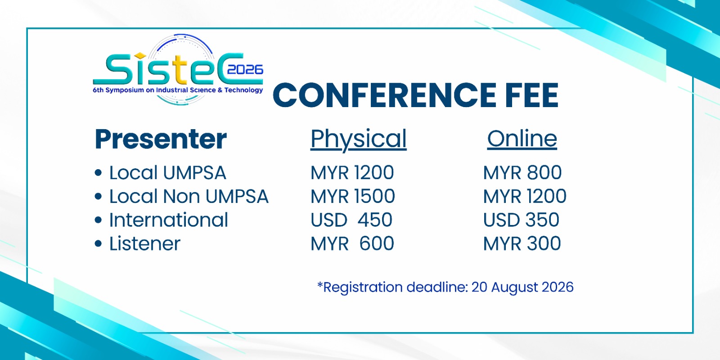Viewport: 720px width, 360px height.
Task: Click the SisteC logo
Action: pyautogui.click(x=178, y=70)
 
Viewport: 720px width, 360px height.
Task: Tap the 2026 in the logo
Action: pyautogui.click(x=245, y=70)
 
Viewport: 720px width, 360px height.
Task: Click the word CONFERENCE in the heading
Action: pyautogui.click(x=384, y=95)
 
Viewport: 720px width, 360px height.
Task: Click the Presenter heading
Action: pyautogui.click(x=161, y=139)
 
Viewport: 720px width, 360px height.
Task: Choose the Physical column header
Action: pyautogui.click(x=358, y=139)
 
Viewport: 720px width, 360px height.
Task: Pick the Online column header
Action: pyautogui.click(x=522, y=139)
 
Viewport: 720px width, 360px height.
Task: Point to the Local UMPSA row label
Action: pyautogui.click(x=167, y=173)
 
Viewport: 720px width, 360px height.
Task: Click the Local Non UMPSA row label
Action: pyautogui.click(x=189, y=196)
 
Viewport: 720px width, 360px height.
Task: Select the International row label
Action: pyautogui.click(x=168, y=220)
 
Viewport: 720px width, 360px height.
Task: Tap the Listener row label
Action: pyautogui.click(x=144, y=243)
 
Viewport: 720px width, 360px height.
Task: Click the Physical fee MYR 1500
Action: pyautogui.click(x=353, y=196)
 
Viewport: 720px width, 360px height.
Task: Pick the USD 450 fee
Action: pyautogui.click(x=351, y=220)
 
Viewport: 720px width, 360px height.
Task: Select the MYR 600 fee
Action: pyautogui.click(x=352, y=243)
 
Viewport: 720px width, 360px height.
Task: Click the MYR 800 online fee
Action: pyautogui.click(x=522, y=173)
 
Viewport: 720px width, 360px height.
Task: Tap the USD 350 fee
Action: pyautogui.click(x=521, y=220)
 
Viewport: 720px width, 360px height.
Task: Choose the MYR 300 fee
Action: pyautogui.click(x=522, y=243)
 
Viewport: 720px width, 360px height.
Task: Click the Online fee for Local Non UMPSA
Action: pyautogui.click(x=525, y=196)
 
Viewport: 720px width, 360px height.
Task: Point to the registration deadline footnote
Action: pyautogui.click(x=445, y=287)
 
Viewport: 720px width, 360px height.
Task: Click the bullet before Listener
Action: pyautogui.click(x=99, y=243)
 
